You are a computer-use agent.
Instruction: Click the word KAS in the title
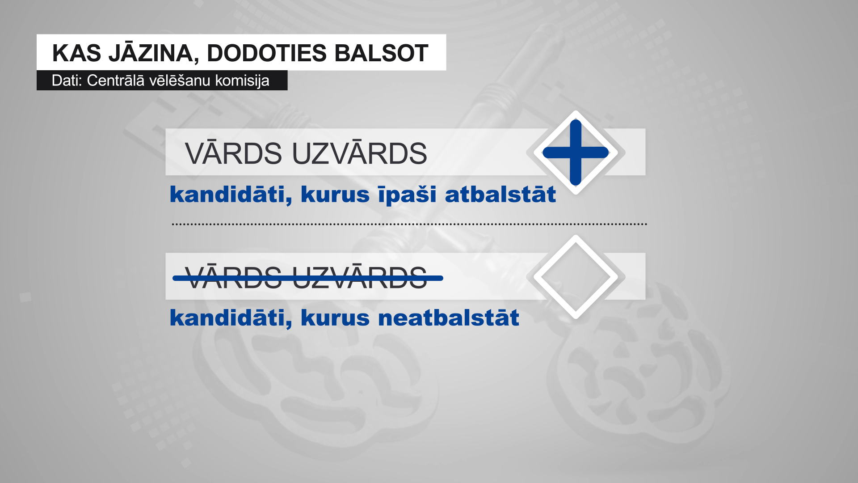76,53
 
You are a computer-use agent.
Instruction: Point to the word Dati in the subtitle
67,80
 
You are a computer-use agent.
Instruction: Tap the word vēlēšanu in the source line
180,80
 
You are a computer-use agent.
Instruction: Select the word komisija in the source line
242,80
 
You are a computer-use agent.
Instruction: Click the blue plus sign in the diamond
576,153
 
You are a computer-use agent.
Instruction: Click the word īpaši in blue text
407,195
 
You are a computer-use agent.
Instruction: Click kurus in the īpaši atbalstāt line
335,195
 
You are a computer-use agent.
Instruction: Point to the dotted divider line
409,224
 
